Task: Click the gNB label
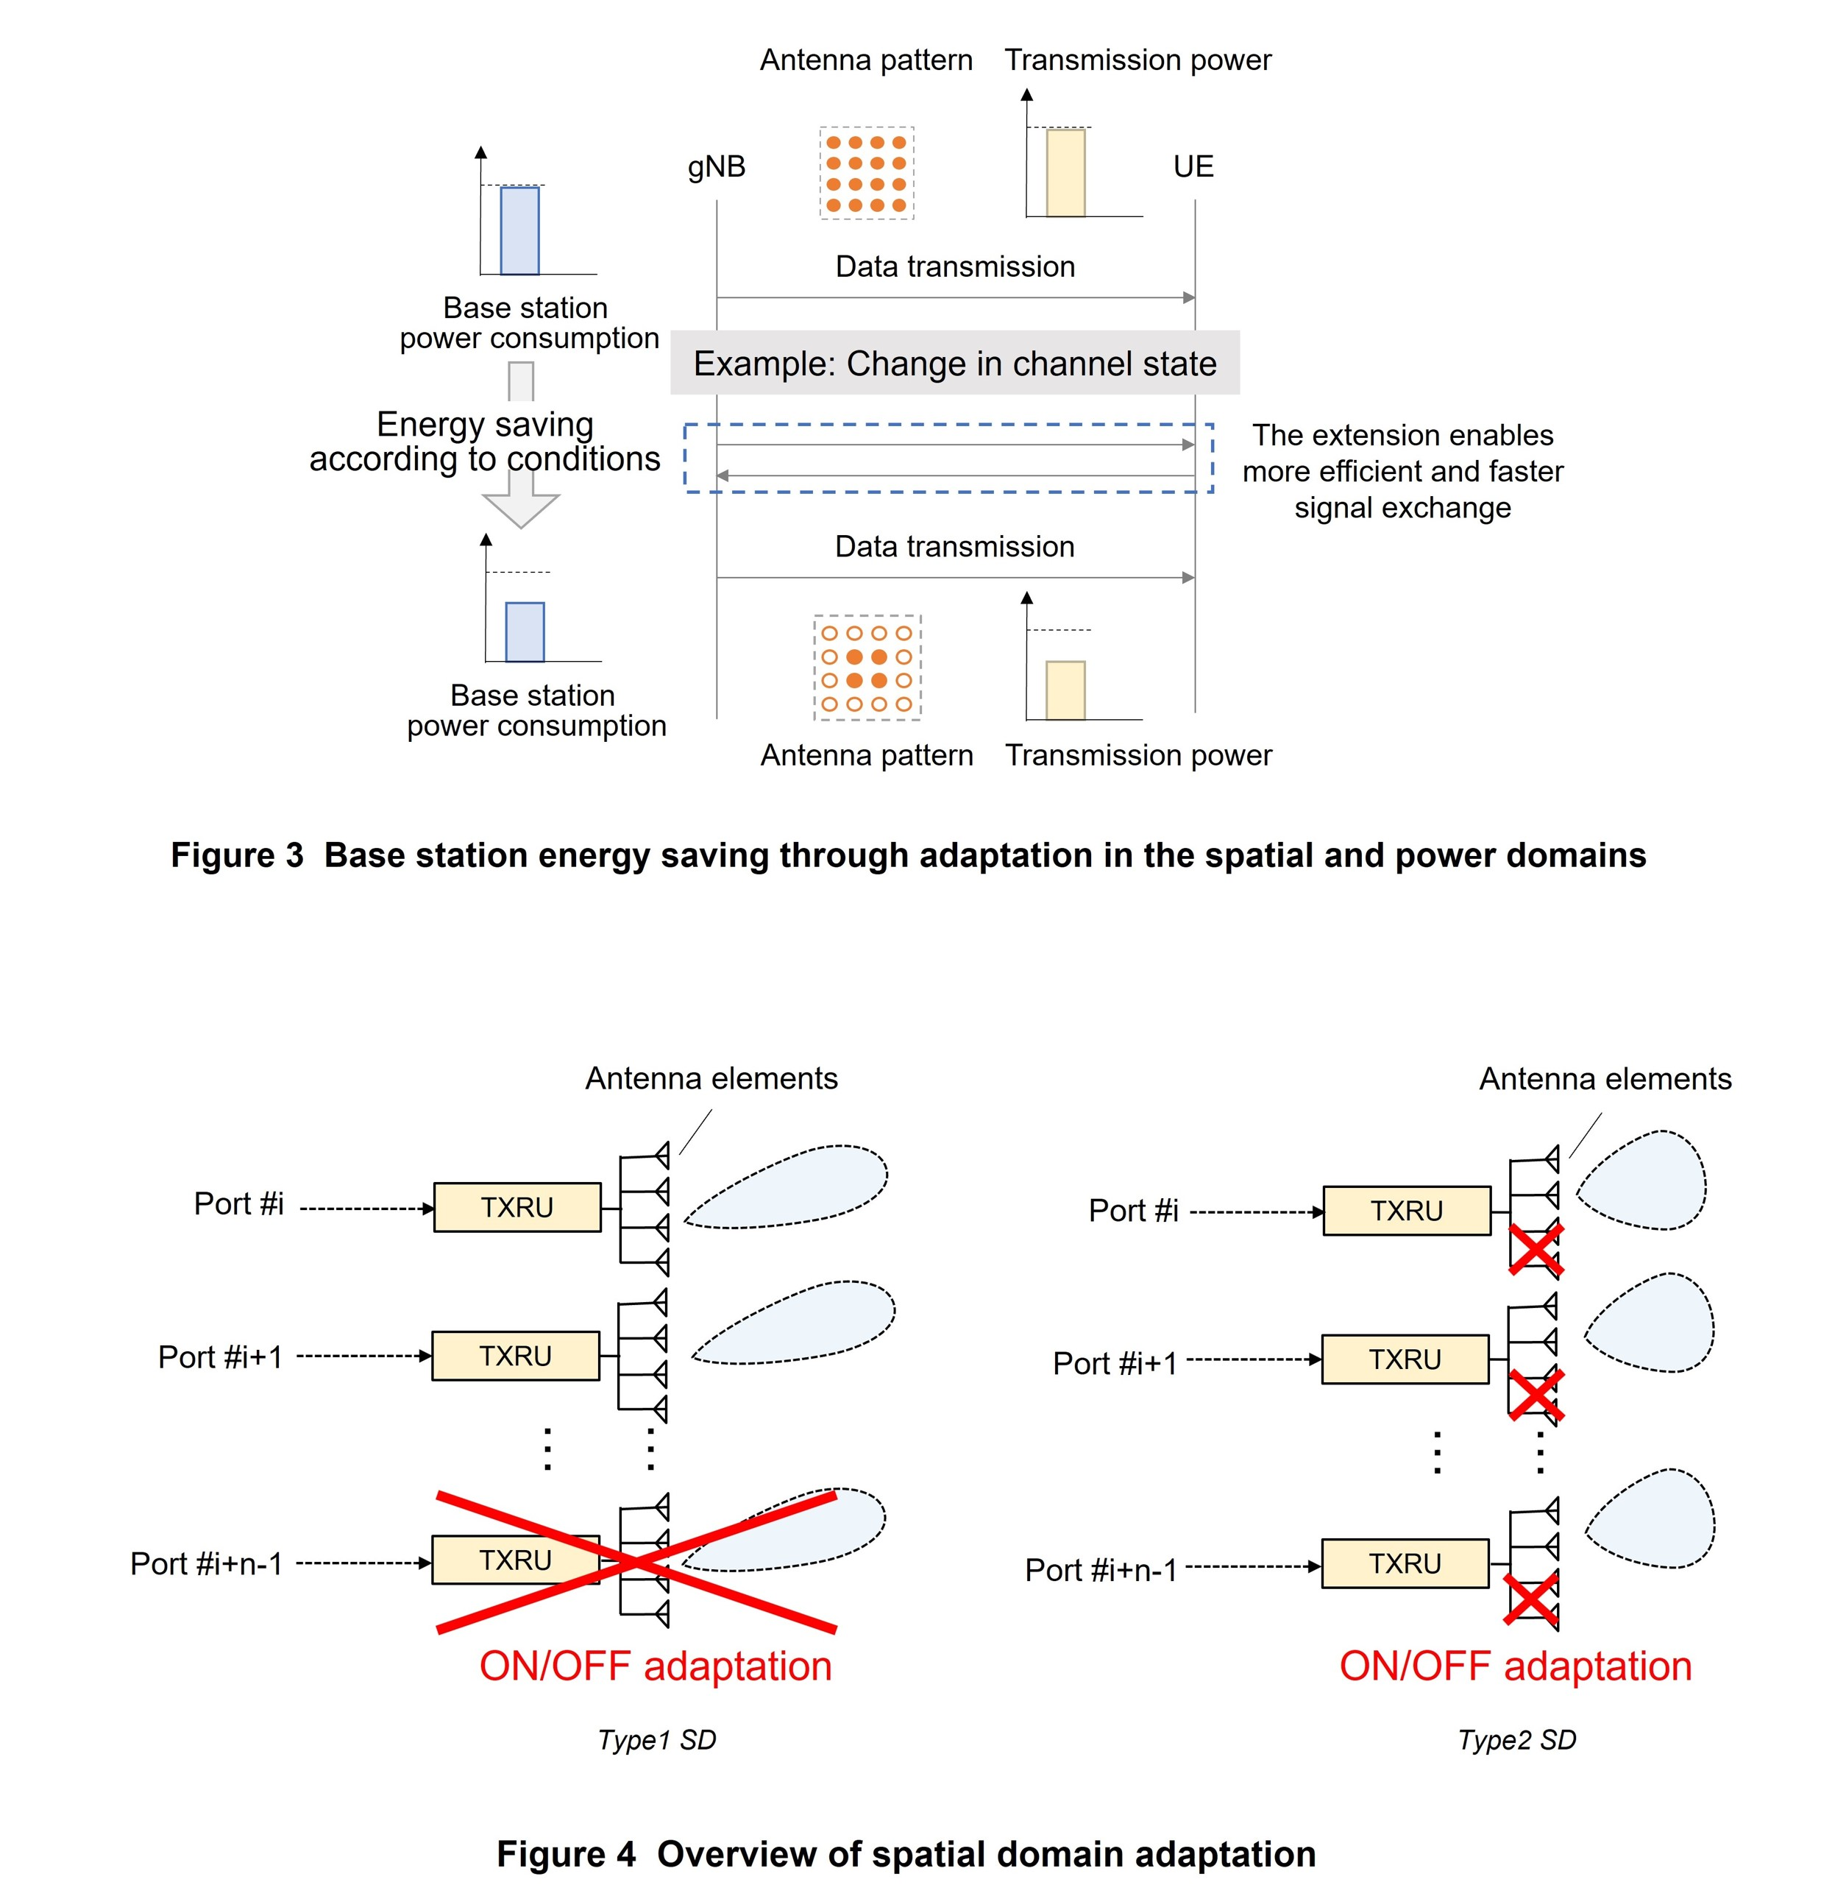(x=717, y=166)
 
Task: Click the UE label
(x=1193, y=166)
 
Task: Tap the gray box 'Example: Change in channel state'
(x=954, y=364)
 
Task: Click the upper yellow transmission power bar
(x=1065, y=173)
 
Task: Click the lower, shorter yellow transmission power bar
(x=1065, y=690)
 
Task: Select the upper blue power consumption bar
(x=519, y=231)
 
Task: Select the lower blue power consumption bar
(x=524, y=632)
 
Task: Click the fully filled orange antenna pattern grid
(x=867, y=173)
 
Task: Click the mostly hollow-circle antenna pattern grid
(x=867, y=668)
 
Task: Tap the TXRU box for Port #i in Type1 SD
(x=517, y=1206)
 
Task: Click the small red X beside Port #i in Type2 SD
(x=1536, y=1250)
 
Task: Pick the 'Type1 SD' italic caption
(x=656, y=1739)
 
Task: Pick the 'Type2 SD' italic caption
(x=1516, y=1739)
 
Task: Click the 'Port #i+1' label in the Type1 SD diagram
(x=221, y=1356)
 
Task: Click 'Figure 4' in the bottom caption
(x=566, y=1853)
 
